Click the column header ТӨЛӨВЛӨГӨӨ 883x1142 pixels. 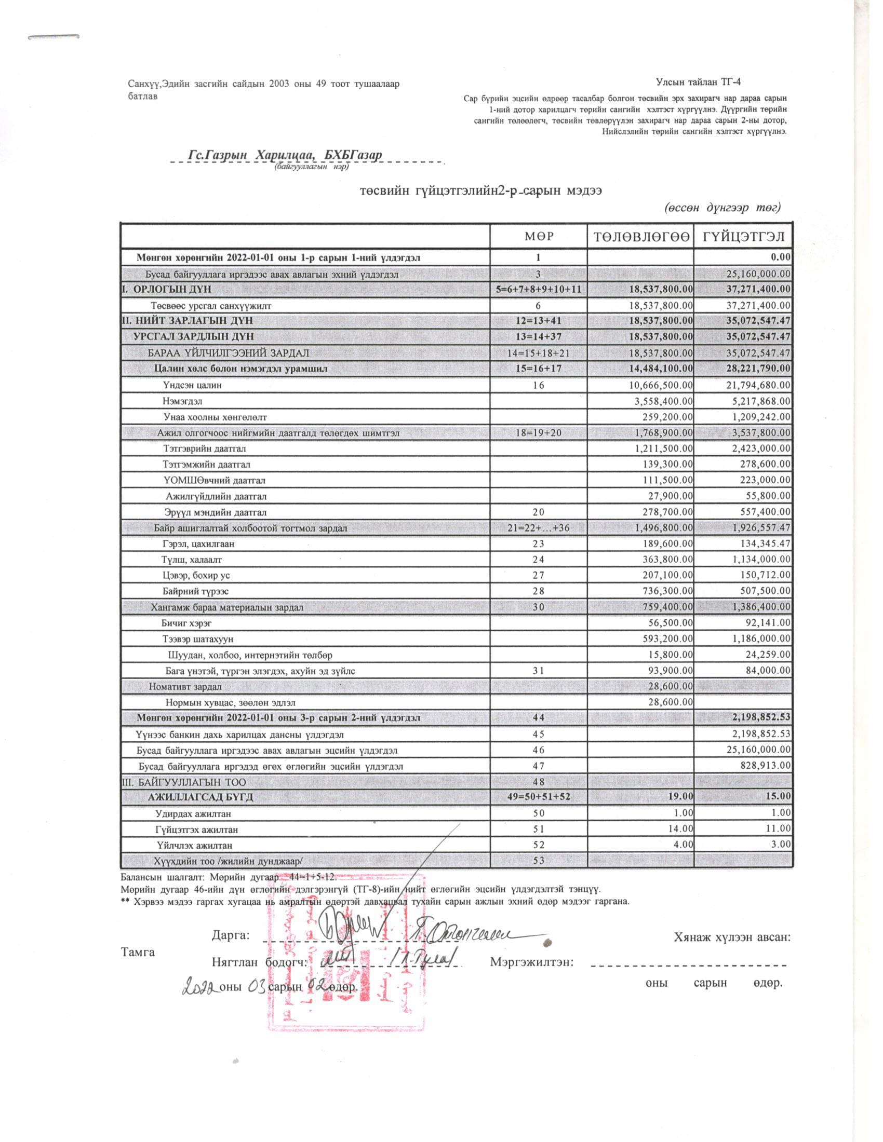coord(641,236)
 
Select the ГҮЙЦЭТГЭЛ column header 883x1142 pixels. coord(743,236)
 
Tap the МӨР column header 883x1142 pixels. coord(538,236)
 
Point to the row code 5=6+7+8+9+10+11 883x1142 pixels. coord(538,289)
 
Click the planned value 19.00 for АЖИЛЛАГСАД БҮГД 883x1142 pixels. coord(679,797)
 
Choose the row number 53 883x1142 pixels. coord(538,861)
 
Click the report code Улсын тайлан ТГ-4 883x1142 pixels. coord(698,81)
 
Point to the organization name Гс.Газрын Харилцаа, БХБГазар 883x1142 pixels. coord(285,155)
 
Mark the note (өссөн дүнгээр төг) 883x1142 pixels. coord(723,208)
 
